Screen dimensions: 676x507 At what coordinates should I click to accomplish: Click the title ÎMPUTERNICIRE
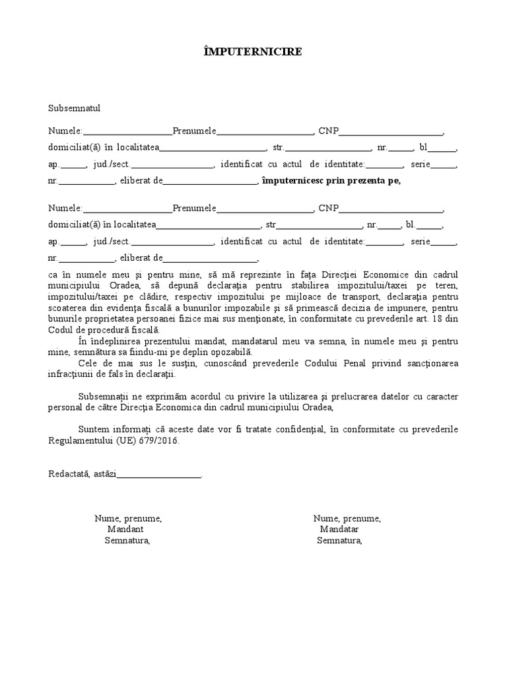tap(253, 52)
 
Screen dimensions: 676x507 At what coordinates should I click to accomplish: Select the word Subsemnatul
tap(74, 108)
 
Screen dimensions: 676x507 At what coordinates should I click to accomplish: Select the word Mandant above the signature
tap(125, 529)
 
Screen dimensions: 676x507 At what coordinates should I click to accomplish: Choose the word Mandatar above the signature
tap(339, 529)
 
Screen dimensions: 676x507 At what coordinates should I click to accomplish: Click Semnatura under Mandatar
tap(339, 541)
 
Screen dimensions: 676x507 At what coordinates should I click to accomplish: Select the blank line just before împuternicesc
tap(209, 181)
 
